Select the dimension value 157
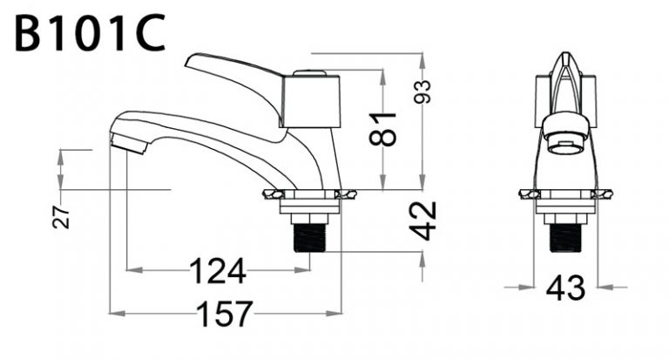(221, 313)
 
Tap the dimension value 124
(217, 272)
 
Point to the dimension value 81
(383, 127)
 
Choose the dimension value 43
(566, 288)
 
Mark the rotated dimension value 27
(62, 217)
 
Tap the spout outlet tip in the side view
(126, 143)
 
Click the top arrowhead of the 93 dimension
(422, 58)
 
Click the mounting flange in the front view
(565, 194)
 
